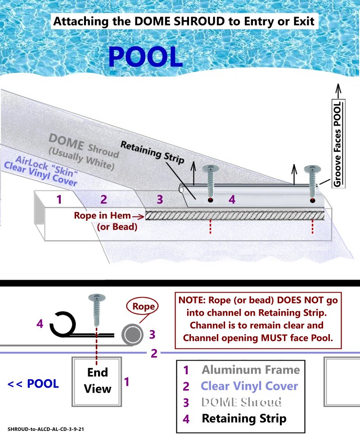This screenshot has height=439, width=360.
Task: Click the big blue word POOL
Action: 145,57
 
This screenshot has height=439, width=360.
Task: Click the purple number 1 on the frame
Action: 59,199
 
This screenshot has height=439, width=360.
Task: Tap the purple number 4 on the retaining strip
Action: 232,199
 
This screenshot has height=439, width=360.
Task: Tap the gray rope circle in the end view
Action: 132,335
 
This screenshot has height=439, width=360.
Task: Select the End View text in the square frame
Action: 98,380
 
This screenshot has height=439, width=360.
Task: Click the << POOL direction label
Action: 33,384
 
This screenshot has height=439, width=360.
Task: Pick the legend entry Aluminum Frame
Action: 251,370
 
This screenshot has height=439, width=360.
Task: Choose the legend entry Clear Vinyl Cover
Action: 249,386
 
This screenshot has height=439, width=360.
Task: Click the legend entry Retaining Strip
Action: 244,418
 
